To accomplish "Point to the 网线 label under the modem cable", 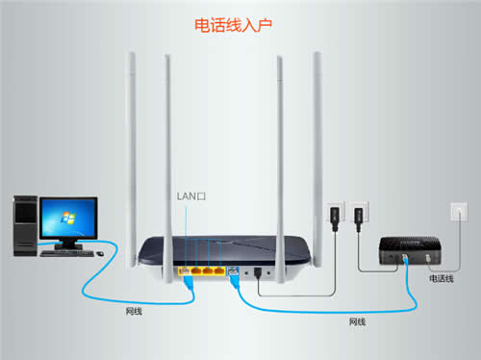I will [x=357, y=321].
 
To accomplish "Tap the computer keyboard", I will [x=68, y=254].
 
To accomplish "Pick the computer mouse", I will [x=99, y=252].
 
